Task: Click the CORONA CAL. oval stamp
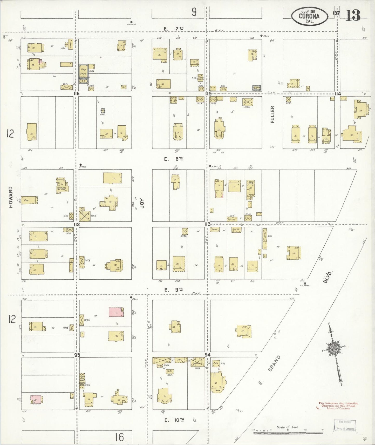[309, 16]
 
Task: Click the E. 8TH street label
[174, 159]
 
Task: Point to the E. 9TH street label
[174, 290]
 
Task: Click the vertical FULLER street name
[272, 114]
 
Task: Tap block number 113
[207, 224]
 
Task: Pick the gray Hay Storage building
[83, 73]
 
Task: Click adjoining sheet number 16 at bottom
[119, 437]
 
